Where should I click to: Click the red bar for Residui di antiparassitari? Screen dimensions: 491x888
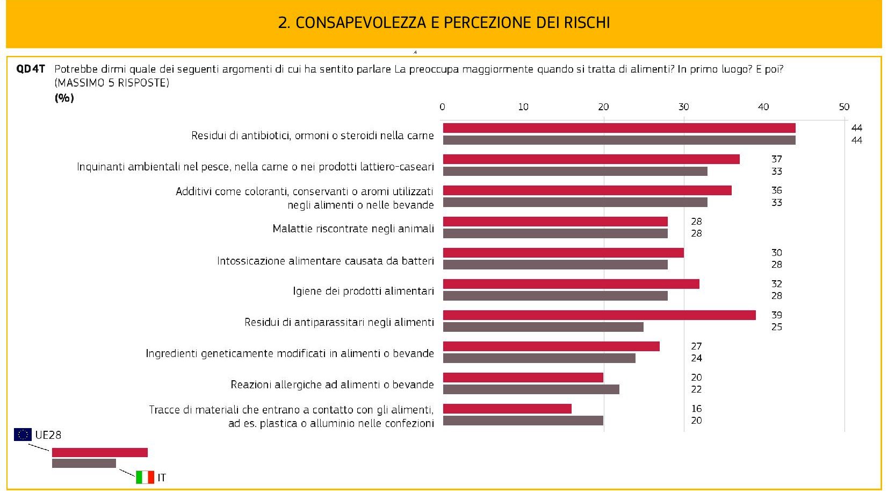click(599, 315)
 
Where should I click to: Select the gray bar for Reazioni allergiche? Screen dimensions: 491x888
click(531, 389)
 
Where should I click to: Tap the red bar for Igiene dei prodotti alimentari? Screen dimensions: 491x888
click(571, 284)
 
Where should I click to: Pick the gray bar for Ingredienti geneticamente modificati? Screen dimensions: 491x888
click(539, 358)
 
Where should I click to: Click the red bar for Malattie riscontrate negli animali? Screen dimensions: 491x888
click(555, 222)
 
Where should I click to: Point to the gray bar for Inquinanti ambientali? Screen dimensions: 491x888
click(575, 172)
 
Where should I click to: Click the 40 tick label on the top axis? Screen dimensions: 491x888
click(763, 107)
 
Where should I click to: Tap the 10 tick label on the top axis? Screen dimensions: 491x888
click(523, 107)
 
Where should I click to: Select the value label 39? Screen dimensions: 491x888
click(777, 315)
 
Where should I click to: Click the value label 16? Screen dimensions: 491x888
click(696, 409)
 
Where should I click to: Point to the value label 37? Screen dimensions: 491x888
click(777, 159)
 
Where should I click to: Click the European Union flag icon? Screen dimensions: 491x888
click(23, 435)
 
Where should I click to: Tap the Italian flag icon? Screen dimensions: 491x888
click(145, 477)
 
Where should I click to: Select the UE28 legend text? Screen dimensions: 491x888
click(48, 435)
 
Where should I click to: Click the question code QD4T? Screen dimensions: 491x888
click(31, 69)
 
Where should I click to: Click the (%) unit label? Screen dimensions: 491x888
click(64, 98)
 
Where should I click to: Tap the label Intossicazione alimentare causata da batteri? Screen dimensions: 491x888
click(325, 261)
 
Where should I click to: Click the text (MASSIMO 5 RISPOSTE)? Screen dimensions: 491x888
click(112, 83)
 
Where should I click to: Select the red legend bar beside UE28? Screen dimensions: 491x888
click(99, 453)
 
